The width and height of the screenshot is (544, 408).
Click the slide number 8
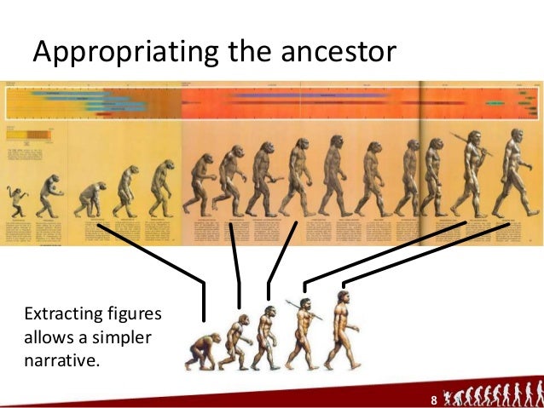pyautogui.click(x=434, y=399)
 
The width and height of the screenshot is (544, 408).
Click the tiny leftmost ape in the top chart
pyautogui.click(x=15, y=201)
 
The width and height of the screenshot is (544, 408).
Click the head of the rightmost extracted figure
pyautogui.click(x=342, y=297)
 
